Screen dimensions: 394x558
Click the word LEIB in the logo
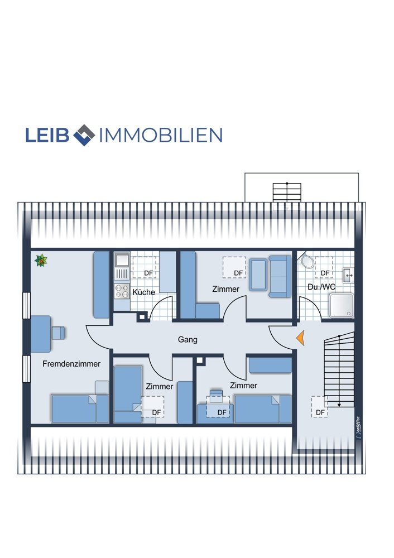[x=47, y=135]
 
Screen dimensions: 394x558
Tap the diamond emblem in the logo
[x=84, y=135]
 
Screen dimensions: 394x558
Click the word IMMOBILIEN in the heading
[x=161, y=135]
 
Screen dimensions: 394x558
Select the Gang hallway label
[x=188, y=339]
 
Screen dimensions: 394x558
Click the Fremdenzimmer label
[x=71, y=364]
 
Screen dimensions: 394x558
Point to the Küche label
[x=144, y=292]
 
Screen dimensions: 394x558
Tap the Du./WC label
[x=321, y=287]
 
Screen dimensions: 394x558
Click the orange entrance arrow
[x=301, y=338]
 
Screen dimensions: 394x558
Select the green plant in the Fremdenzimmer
[x=41, y=261]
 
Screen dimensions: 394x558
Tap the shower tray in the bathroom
[x=342, y=305]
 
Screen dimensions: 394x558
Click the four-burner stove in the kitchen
[x=122, y=291]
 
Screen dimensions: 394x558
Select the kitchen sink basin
[x=122, y=259]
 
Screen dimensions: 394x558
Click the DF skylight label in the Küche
[x=148, y=273]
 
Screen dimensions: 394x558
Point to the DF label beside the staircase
[x=320, y=412]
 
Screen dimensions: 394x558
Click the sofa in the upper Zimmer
[x=280, y=276]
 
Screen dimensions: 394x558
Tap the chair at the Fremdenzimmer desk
[x=59, y=333]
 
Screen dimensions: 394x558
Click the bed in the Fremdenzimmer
[x=80, y=408]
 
